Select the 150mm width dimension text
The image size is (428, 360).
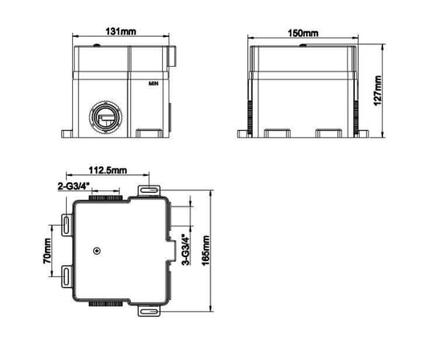[304, 33]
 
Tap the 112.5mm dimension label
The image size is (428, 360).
[107, 171]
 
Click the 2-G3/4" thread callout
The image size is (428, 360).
[74, 184]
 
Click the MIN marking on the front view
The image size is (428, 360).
[153, 83]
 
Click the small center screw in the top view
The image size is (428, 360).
[96, 252]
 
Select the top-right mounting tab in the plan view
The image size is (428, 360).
[149, 190]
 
